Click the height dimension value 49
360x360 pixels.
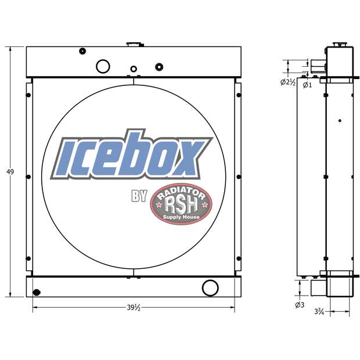(x=10, y=171)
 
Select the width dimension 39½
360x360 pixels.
(x=133, y=308)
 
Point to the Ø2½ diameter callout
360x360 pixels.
(x=289, y=83)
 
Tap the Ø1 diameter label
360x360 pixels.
(x=307, y=85)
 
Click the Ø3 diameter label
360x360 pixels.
(x=300, y=304)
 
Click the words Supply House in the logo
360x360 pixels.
(x=181, y=218)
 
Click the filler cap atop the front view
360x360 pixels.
(x=134, y=44)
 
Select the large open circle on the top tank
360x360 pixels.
(x=103, y=66)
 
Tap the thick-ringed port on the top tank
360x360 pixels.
(x=159, y=66)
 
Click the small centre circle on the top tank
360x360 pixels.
(x=134, y=69)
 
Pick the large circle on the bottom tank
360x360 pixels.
(x=209, y=287)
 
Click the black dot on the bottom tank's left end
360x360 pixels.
(x=37, y=292)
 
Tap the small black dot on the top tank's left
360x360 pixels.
(x=82, y=52)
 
